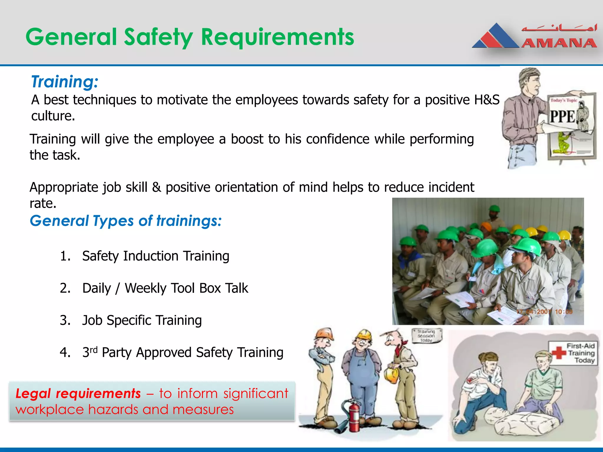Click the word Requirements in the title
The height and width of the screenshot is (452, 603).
(x=277, y=37)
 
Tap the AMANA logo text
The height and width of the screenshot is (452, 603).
(x=559, y=43)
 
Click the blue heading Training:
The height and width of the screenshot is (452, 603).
(x=64, y=82)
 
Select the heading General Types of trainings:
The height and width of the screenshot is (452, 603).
(x=125, y=221)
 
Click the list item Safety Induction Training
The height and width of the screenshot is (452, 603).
(x=155, y=256)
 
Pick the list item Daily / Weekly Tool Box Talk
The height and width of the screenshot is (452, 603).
(x=165, y=288)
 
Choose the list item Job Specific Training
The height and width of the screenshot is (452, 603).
(x=142, y=320)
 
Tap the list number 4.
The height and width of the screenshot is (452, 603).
(x=65, y=353)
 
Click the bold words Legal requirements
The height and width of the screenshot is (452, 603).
(x=78, y=394)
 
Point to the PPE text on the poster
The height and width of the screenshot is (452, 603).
(x=562, y=117)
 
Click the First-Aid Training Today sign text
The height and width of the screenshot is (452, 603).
(x=581, y=353)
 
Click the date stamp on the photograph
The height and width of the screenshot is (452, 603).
(x=545, y=312)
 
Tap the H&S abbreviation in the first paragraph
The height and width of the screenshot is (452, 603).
(x=486, y=100)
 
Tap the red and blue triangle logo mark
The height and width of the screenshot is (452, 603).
(x=496, y=37)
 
